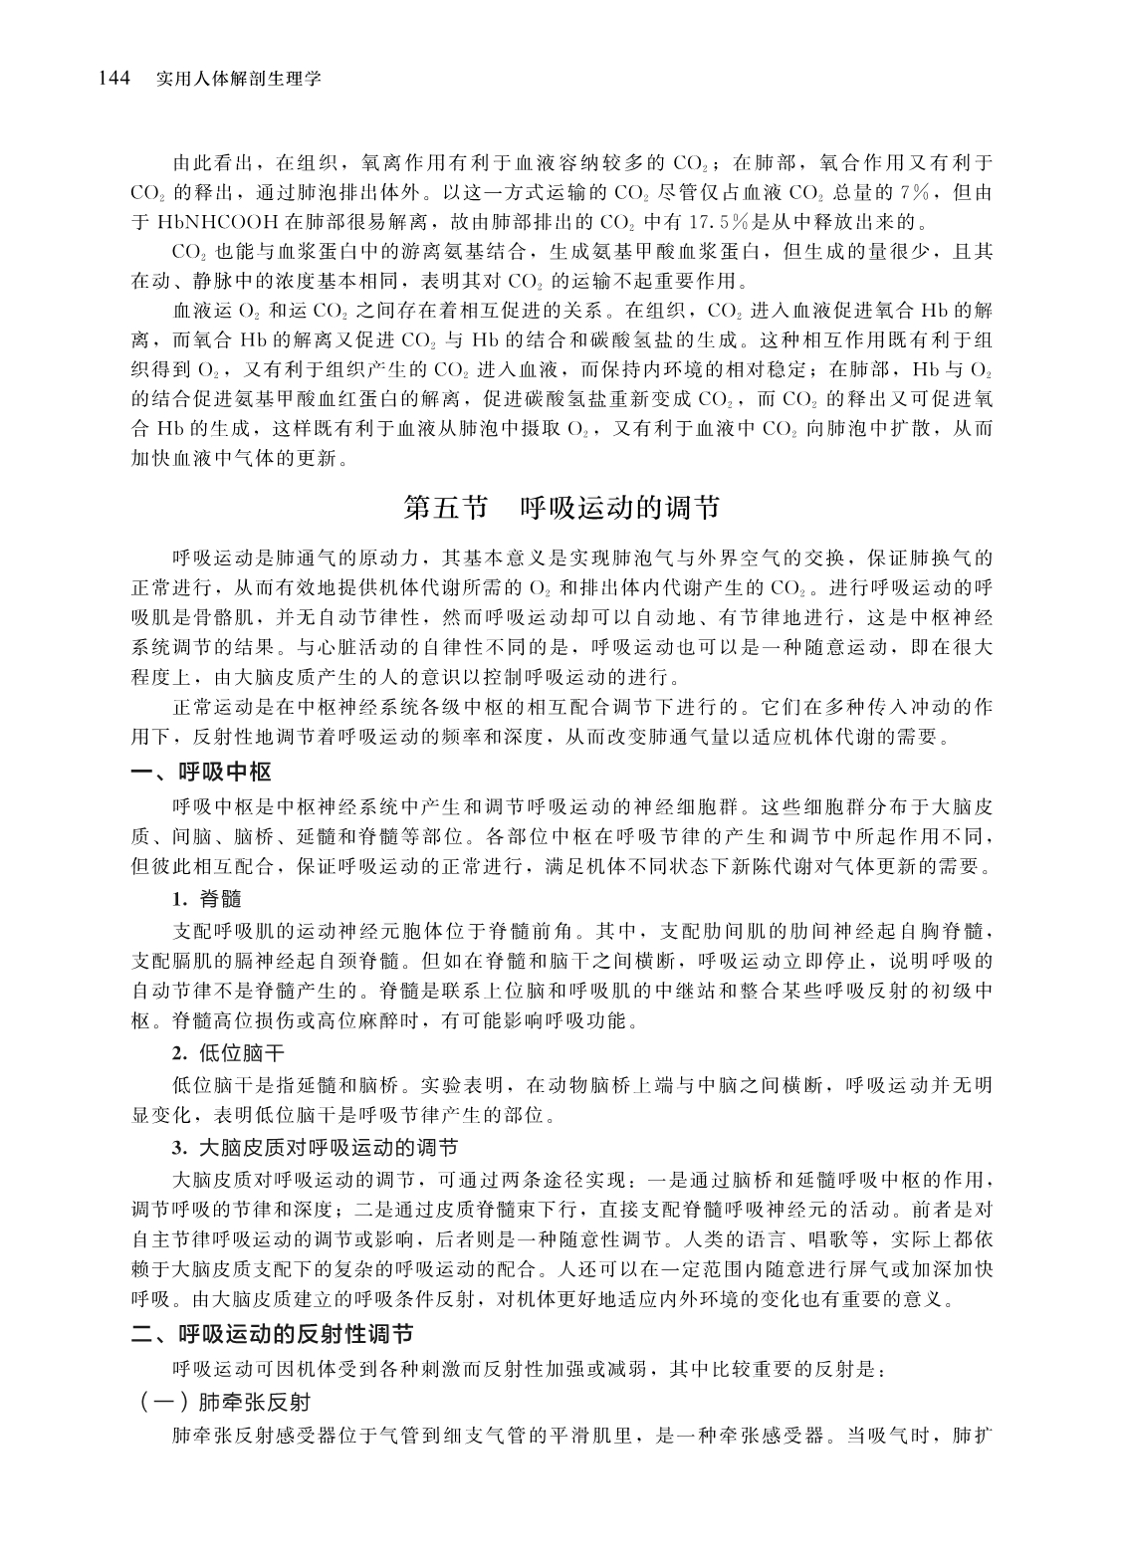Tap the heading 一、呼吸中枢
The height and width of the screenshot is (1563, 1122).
[202, 772]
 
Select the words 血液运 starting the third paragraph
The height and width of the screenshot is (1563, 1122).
[199, 308]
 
